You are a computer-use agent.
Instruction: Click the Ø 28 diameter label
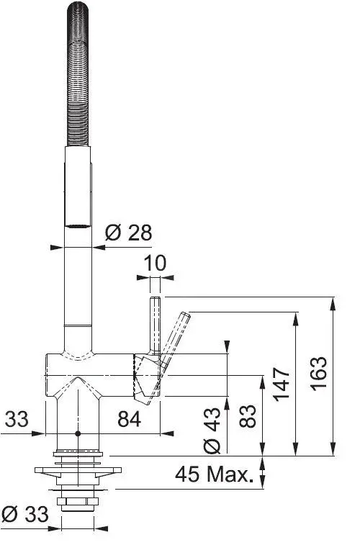tap(128, 233)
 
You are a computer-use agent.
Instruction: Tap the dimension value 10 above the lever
tap(155, 263)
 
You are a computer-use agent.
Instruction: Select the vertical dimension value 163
tap(319, 374)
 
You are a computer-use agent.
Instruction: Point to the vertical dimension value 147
tap(282, 384)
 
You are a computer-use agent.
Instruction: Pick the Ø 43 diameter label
tap(212, 431)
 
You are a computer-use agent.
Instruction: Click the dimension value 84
tap(130, 419)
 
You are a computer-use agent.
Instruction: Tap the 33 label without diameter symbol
tap(17, 419)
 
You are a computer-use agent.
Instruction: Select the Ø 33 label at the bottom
tap(25, 514)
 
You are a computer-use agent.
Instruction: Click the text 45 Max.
tap(214, 474)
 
